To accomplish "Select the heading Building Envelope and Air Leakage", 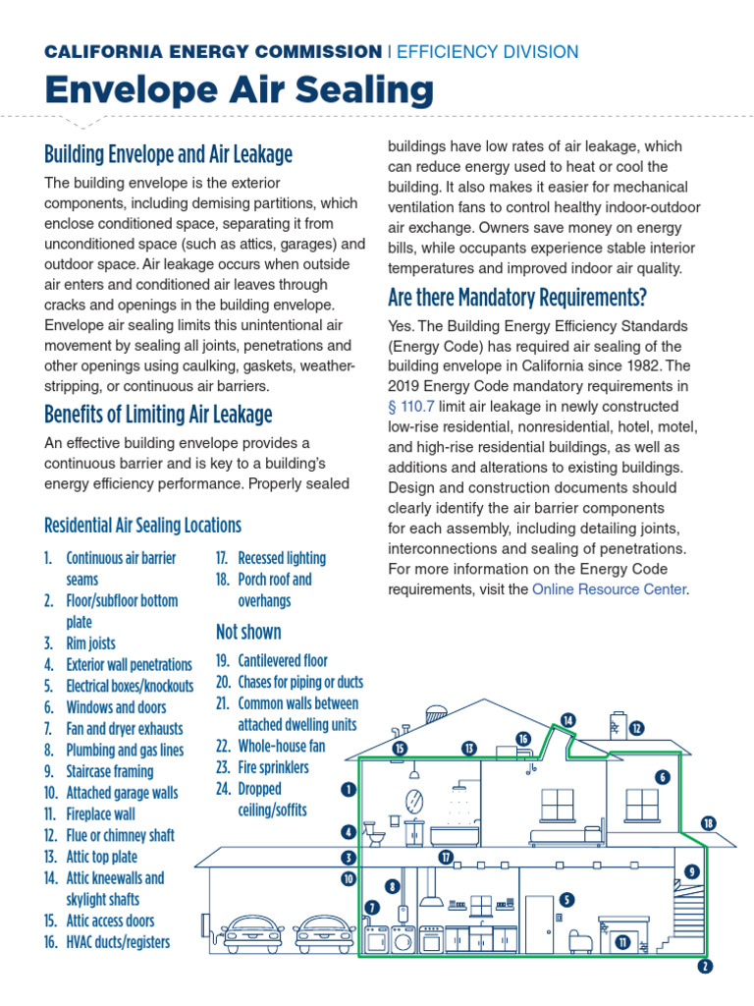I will [168, 154].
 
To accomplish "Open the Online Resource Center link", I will [609, 589].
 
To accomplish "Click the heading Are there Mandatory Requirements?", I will [517, 297].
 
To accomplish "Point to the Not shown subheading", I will [248, 632].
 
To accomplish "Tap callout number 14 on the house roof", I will [568, 720].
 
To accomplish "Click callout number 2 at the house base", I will [704, 966].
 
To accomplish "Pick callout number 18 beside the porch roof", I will [709, 823].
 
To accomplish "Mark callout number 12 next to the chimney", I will [637, 728].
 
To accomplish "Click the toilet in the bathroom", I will [375, 836].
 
